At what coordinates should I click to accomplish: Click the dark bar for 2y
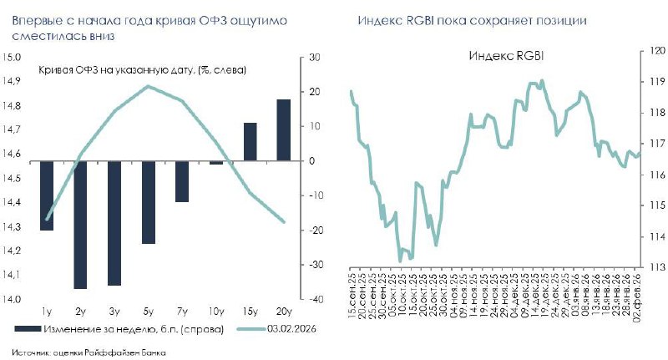coord(80,225)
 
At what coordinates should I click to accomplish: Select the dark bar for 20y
coord(284,130)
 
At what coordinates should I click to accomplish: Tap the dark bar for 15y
coord(250,142)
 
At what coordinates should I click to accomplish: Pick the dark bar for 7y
coord(182,181)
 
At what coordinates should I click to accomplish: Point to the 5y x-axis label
coord(148,312)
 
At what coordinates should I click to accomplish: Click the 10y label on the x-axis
coord(216,312)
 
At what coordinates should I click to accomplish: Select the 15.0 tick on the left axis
coord(12,57)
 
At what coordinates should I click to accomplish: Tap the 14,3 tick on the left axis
coord(12,227)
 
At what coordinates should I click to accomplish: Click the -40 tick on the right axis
coord(315,299)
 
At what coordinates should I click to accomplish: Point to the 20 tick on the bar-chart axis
coord(315,92)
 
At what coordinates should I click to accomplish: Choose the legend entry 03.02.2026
coord(291,329)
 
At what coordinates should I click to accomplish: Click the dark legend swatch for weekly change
coord(28,329)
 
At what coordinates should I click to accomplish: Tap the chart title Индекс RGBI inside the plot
coord(506,56)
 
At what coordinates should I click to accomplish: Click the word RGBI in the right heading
coord(420,20)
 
